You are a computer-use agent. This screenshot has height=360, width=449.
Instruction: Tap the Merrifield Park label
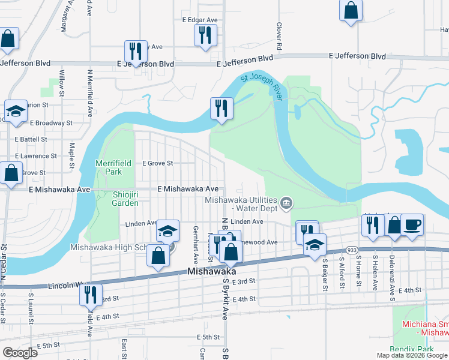(109, 167)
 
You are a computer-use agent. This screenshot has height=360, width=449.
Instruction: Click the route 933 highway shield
(352, 250)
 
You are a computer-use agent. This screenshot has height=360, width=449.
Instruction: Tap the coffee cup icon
(412, 226)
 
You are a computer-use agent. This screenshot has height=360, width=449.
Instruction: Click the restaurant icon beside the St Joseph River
(221, 108)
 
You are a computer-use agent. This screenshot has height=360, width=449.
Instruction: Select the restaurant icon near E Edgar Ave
(205, 35)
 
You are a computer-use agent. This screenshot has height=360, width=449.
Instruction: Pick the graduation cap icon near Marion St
(16, 111)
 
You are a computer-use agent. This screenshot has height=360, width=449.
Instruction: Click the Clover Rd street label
(279, 36)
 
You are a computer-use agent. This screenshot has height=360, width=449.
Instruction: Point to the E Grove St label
(157, 163)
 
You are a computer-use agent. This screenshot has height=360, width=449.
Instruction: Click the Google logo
(19, 353)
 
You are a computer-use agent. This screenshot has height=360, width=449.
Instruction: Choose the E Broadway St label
(51, 122)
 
